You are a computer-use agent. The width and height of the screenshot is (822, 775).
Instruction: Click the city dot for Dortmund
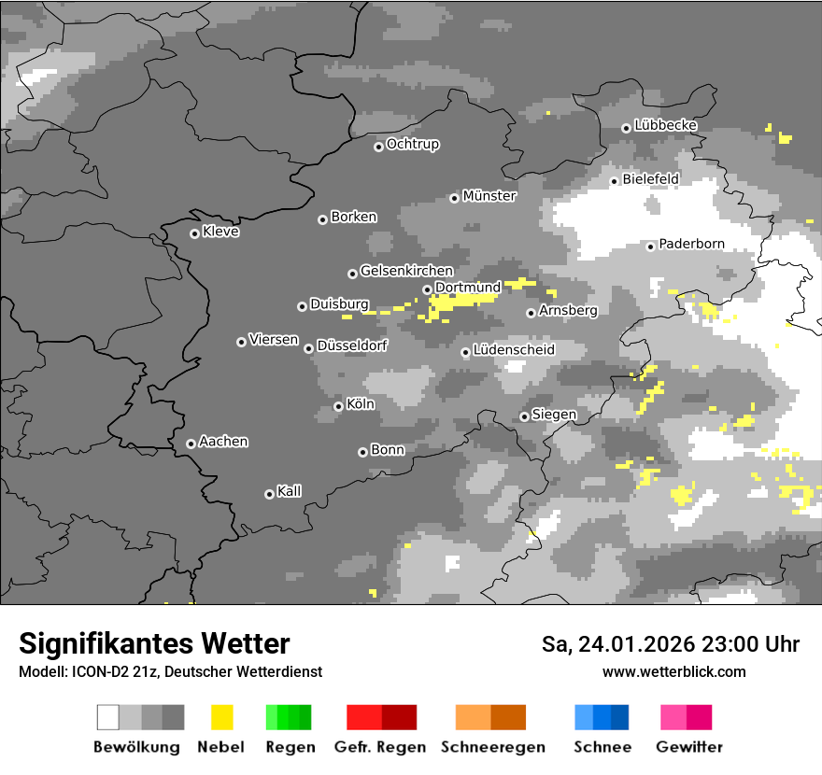[427, 289]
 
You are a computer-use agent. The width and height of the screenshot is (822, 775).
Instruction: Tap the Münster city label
[489, 196]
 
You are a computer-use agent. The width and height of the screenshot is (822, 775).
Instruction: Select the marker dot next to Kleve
[194, 233]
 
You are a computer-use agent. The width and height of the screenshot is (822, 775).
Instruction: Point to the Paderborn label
[691, 245]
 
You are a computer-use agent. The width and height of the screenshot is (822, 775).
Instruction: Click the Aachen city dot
[191, 444]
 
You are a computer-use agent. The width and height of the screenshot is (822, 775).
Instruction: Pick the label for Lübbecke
[665, 125]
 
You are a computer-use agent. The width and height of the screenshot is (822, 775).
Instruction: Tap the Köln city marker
[338, 406]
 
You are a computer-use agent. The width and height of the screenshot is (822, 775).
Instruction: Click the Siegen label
[554, 415]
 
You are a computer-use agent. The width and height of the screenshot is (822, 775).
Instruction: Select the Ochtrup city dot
[378, 146]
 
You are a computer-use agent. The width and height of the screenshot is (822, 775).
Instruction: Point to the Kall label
[290, 491]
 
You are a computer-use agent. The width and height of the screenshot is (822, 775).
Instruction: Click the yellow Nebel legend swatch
[221, 717]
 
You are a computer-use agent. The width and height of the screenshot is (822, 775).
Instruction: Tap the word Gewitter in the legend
[689, 747]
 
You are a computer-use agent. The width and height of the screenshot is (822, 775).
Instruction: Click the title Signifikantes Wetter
[154, 643]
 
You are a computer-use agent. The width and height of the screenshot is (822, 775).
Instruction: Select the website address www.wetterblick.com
[674, 671]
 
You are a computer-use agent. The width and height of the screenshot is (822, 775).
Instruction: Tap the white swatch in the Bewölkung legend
[108, 717]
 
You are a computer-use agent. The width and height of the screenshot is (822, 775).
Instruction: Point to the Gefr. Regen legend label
[380, 747]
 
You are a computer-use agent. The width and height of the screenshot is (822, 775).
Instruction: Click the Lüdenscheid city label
[514, 350]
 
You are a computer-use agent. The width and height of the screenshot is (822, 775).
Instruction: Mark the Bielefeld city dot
[615, 181]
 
